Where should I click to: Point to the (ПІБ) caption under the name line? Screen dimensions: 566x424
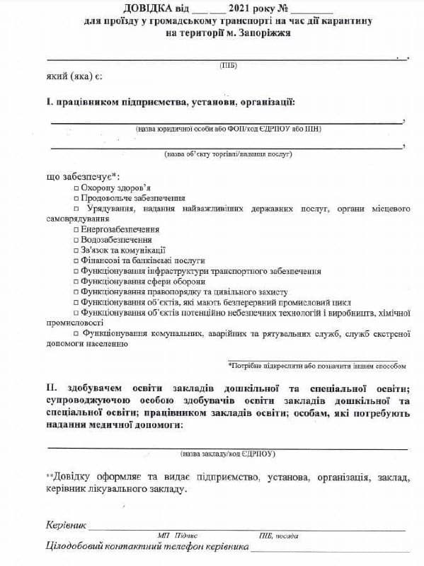tap(229, 64)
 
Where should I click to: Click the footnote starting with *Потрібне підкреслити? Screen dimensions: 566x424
tap(317, 366)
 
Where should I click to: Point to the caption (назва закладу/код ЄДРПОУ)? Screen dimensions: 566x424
tap(228, 453)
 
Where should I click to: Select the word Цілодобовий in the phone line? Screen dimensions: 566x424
tap(76, 548)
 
